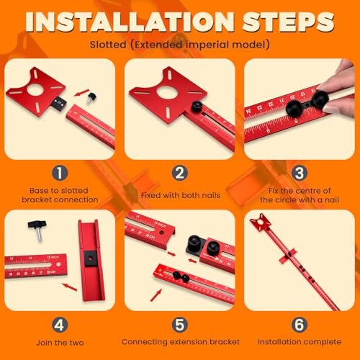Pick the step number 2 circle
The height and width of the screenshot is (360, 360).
click(x=180, y=174)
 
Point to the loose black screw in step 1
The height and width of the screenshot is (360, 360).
click(x=92, y=93)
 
